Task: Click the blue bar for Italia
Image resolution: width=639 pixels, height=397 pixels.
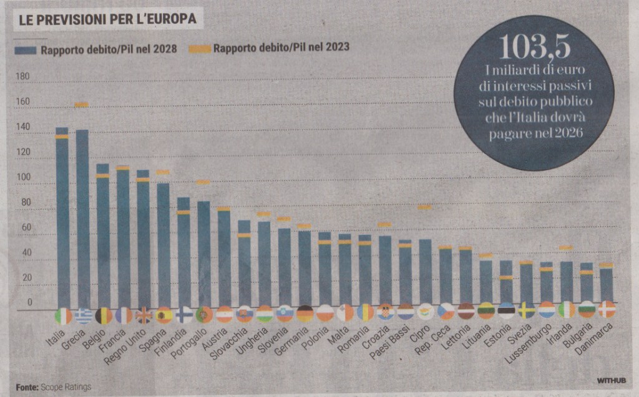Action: pos(62,218)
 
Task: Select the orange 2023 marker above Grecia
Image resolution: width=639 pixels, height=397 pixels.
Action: pos(82,105)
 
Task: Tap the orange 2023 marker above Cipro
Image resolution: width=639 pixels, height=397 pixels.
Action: pos(425,207)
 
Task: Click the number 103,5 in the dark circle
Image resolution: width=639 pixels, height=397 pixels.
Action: pos(534,47)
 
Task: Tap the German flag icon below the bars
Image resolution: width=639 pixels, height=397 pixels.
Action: pos(305,313)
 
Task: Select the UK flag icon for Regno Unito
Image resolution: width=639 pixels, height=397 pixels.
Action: pos(144,315)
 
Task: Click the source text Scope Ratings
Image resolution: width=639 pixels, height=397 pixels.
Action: pos(66,387)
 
